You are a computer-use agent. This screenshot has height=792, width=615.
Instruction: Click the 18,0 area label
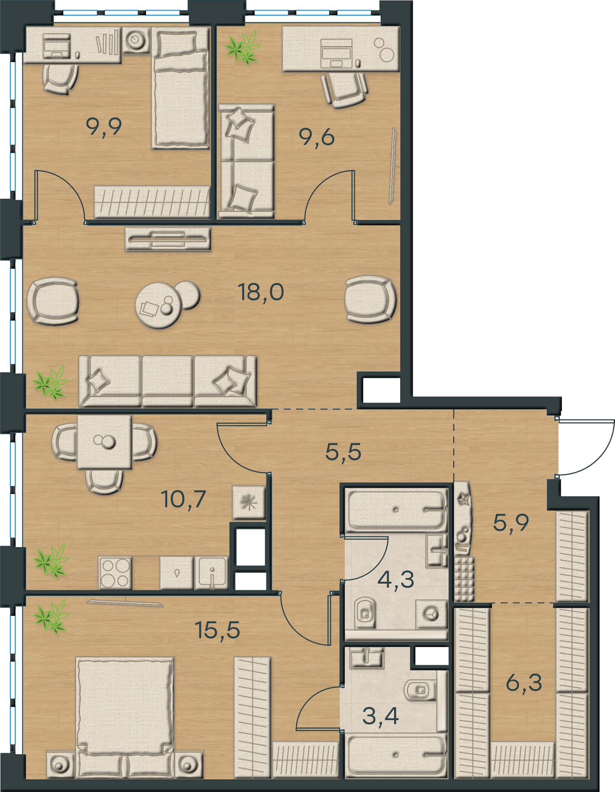point(261,293)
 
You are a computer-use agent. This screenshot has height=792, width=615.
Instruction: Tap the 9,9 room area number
point(104,127)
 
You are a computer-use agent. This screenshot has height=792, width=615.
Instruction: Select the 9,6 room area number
point(317,137)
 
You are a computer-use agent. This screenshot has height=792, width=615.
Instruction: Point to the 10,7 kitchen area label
point(183,499)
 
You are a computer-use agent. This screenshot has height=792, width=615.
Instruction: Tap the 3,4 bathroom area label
point(381,716)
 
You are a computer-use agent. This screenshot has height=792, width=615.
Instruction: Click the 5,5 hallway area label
point(343,452)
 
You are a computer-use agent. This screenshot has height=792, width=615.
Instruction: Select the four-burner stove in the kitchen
point(115,572)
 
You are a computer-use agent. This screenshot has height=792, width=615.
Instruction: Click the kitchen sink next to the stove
point(211,573)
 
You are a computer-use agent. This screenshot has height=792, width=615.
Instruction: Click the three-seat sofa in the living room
point(168,381)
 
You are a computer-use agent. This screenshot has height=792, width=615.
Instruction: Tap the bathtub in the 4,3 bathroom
point(396,510)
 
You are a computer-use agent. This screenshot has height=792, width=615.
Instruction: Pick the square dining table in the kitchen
point(105,442)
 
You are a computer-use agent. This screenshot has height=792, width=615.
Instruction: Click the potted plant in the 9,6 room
point(243,48)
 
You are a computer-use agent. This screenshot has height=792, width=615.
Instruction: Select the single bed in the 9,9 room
point(181,88)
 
